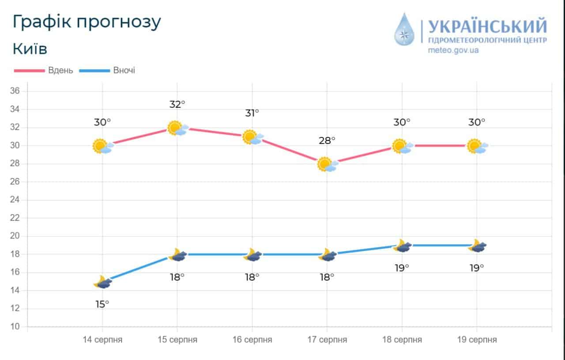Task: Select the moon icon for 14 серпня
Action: tap(102, 282)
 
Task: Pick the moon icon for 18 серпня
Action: tap(402, 246)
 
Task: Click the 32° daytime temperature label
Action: tap(177, 105)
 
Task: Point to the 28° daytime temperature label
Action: tap(327, 140)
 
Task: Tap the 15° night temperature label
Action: tap(102, 304)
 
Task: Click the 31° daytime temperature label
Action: tap(252, 113)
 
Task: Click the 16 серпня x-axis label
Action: tap(252, 340)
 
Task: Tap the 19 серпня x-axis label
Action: tap(477, 340)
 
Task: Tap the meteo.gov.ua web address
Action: tap(453, 50)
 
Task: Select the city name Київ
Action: tap(30, 49)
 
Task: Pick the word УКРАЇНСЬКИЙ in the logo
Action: tap(487, 27)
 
